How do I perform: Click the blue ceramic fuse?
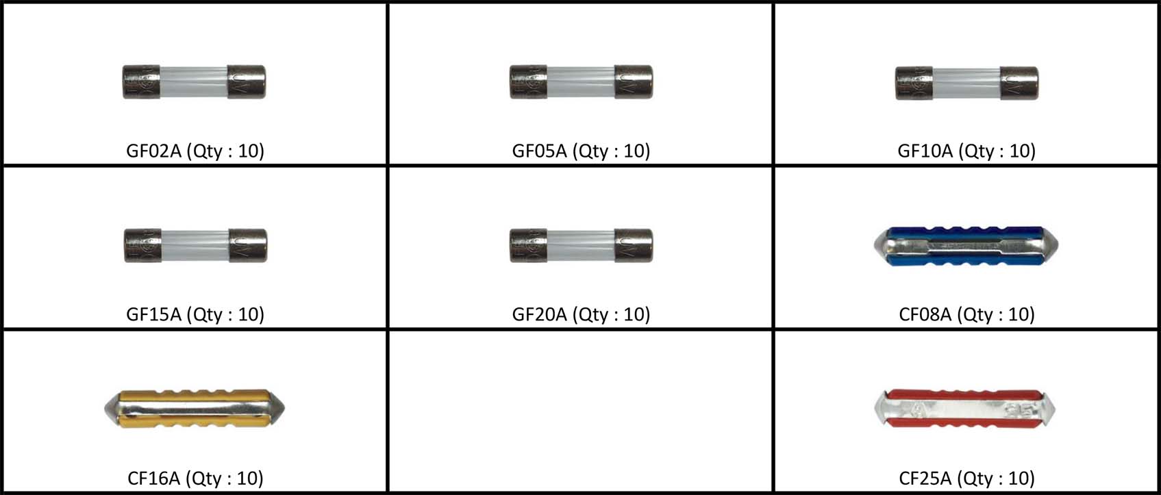tap(966, 246)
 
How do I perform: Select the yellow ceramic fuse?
tap(194, 409)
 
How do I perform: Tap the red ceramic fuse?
tap(965, 409)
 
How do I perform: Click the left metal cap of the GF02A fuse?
tap(141, 82)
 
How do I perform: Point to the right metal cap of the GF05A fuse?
tap(633, 82)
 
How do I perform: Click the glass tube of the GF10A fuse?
tap(966, 83)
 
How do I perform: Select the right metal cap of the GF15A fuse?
tap(247, 246)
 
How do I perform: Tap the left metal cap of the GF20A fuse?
tap(528, 246)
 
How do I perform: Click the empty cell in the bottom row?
tap(581, 411)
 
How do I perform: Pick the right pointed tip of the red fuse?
tap(1049, 409)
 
